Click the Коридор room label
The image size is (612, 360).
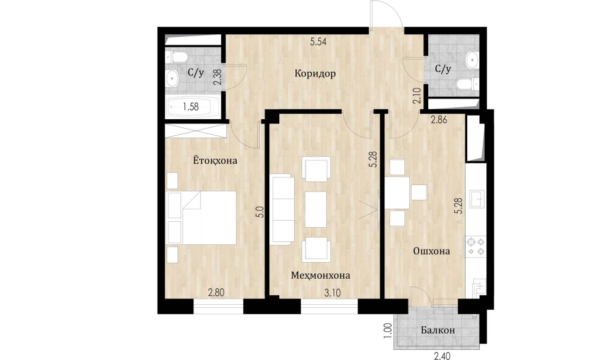coord(315,74)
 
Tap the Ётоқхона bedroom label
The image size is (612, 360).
coord(215,160)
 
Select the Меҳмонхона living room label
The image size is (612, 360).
coord(320,275)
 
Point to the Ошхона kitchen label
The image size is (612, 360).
coord(432,251)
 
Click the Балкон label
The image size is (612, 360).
coord(438,330)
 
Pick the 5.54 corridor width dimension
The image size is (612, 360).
coord(318,42)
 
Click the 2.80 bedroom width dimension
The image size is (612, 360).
coord(216,292)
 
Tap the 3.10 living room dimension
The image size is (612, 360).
coord(333,292)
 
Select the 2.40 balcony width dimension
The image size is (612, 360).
coord(442,356)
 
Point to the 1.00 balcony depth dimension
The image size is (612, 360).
coord(388,330)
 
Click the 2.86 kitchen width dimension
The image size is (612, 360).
coord(439,120)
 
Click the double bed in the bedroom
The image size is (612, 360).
coord(202,218)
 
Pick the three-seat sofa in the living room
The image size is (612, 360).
coord(282,209)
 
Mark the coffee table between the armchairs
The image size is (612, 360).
coord(315,209)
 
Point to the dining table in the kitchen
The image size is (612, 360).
coord(398,193)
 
